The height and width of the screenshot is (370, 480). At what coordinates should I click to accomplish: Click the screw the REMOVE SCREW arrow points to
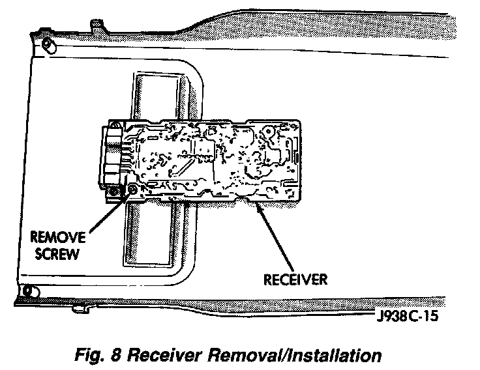[133, 189]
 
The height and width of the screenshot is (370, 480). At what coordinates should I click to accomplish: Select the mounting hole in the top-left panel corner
[47, 44]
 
